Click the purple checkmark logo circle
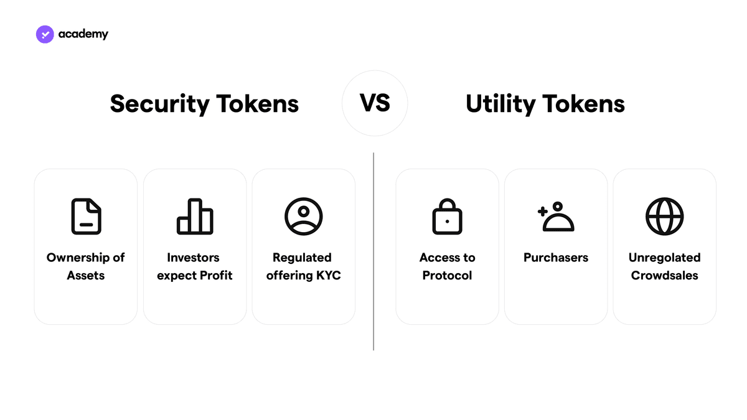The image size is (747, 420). [45, 34]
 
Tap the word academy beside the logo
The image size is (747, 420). [83, 34]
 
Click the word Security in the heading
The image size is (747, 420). [160, 105]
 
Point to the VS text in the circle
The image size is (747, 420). [375, 103]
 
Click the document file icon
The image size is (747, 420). [87, 217]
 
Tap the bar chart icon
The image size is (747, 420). [195, 217]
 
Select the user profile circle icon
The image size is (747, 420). [304, 217]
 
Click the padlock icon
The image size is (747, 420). [447, 217]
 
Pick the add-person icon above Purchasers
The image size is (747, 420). [556, 217]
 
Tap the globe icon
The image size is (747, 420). [665, 217]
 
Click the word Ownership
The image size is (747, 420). [78, 258]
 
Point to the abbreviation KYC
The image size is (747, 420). [329, 275]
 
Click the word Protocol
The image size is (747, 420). [447, 275]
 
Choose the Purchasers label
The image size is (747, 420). [556, 258]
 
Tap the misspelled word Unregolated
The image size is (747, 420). [665, 258]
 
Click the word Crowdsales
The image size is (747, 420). [665, 275]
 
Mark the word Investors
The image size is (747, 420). [194, 258]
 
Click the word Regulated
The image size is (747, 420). [302, 258]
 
